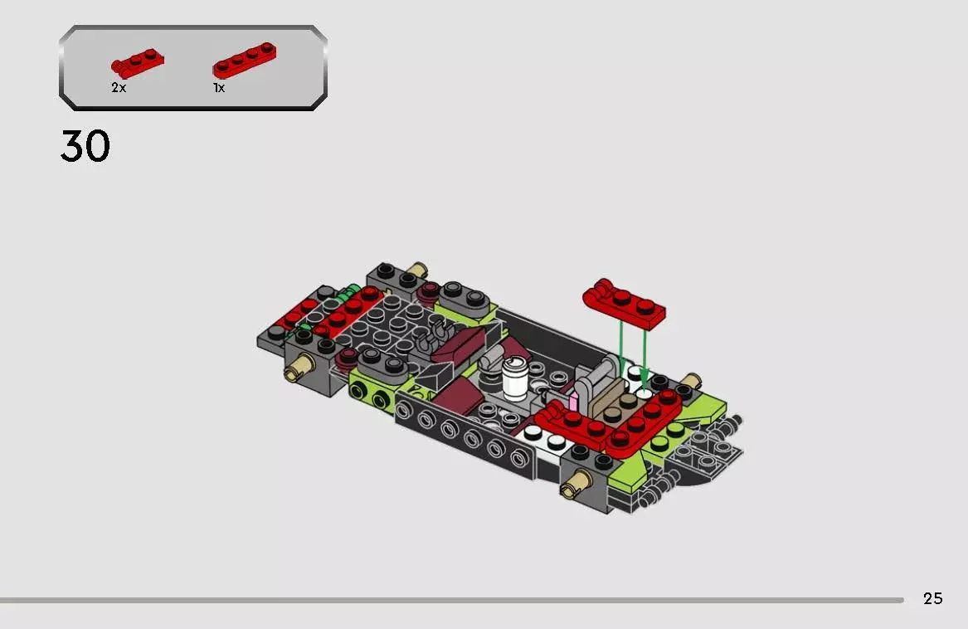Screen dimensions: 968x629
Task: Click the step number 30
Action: pos(85,146)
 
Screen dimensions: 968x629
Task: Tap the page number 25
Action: pos(933,598)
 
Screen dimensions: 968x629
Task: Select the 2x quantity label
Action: pos(119,88)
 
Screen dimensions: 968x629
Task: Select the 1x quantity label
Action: pos(219,88)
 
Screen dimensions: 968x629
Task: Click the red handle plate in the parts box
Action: pos(138,64)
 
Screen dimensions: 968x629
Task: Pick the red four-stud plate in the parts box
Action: pos(245,60)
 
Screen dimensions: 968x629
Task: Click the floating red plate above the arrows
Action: pos(624,304)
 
